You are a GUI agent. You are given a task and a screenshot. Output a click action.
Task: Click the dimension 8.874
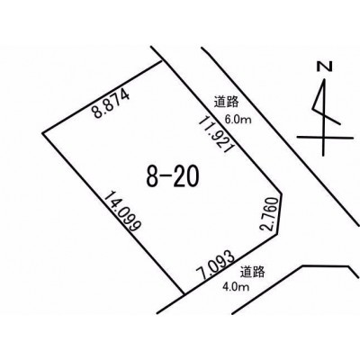pos(111,103)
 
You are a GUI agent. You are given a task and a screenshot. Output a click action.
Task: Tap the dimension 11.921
pos(216,134)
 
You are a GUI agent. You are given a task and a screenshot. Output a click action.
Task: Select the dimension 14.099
pos(122,211)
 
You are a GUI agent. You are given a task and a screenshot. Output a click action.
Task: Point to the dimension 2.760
pos(269,213)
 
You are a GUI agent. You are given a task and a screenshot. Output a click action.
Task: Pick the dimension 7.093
pos(215,265)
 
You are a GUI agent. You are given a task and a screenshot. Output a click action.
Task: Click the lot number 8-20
pos(173,176)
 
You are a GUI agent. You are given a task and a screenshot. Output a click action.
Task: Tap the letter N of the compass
pos(325,67)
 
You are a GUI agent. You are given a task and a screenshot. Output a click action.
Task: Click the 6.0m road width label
pos(238,120)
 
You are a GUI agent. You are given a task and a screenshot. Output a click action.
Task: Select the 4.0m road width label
pos(236,287)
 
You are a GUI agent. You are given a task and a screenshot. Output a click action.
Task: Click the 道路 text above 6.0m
pos(227,102)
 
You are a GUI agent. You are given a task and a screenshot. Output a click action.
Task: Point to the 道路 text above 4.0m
pos(252,272)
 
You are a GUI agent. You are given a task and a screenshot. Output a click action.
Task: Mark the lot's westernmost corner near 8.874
pos(42,133)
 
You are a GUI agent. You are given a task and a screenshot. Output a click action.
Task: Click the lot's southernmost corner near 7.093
pos(184,293)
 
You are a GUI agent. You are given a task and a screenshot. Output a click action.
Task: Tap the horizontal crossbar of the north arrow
pos(325,138)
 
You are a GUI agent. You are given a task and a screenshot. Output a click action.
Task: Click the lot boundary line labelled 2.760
pos(280,213)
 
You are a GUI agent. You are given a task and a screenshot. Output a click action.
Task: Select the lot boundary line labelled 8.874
pos(103,97)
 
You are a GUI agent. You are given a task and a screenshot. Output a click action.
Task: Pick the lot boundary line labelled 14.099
pos(112,213)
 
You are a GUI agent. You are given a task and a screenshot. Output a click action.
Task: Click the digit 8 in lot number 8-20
pos(152,176)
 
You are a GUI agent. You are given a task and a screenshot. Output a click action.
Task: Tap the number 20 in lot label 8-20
pos(186,176)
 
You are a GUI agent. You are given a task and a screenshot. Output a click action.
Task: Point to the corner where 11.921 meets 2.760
pos(282,193)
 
